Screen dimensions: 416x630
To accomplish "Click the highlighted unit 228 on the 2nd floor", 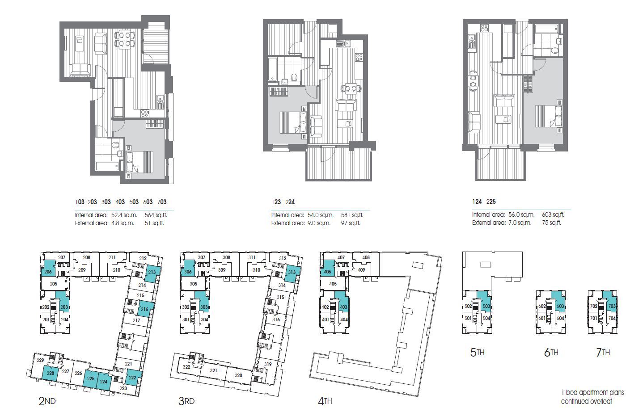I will [x=50, y=373].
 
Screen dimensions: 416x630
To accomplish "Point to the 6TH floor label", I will [x=551, y=353].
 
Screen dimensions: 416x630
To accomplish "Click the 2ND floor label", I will [x=47, y=401].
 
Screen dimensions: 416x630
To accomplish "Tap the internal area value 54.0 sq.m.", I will [x=319, y=215].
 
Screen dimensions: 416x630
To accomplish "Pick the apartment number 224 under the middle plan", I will [x=290, y=202].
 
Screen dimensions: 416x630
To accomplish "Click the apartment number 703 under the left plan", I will [x=161, y=202].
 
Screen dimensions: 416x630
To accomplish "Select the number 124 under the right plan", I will [x=477, y=202].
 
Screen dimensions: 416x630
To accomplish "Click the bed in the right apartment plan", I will [x=548, y=116].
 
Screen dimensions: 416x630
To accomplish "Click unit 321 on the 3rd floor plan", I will [x=214, y=371].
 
